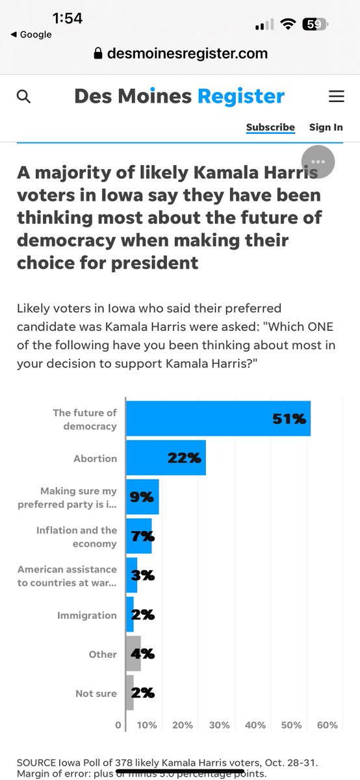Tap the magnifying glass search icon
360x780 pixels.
(x=23, y=97)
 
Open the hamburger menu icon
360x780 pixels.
(x=336, y=97)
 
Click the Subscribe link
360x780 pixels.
(x=270, y=127)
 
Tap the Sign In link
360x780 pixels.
(x=326, y=127)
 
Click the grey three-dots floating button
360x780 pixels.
(x=318, y=162)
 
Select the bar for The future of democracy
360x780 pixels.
(x=218, y=419)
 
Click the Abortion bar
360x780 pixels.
(x=166, y=458)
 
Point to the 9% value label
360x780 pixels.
(x=141, y=497)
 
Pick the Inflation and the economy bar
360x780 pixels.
(x=138, y=536)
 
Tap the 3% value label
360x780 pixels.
(x=142, y=575)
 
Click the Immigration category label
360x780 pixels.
(x=86, y=615)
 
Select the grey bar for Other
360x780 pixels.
(x=133, y=654)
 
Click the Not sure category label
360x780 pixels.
(x=96, y=694)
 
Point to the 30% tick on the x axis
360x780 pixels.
(x=219, y=725)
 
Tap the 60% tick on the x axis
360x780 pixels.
(x=328, y=725)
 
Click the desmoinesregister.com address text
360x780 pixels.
(x=187, y=53)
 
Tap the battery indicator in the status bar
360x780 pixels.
(x=315, y=24)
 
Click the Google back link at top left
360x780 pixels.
(x=31, y=34)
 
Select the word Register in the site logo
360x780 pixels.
(x=240, y=97)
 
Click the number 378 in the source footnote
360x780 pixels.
(x=124, y=762)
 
